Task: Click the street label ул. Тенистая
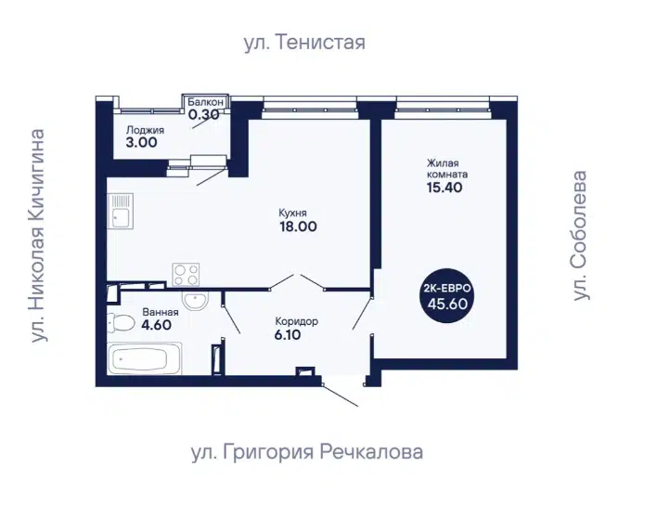coord(304,43)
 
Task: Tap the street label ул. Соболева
coord(579,235)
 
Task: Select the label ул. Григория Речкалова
coord(307,452)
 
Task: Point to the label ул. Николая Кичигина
coord(38,236)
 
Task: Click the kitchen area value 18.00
coord(298,227)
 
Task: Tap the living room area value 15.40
coord(444,188)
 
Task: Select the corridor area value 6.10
coord(289,335)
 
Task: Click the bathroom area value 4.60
coord(156,325)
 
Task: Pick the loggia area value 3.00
coord(142,143)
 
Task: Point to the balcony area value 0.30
coord(203,114)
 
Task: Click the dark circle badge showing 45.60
coord(447,296)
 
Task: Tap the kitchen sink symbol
coord(121,211)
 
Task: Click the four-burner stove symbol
coord(186,275)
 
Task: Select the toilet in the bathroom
coord(121,323)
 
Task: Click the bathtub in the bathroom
coord(145,358)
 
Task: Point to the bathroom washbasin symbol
coord(195,301)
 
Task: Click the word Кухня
coord(293,213)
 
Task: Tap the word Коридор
coord(297,321)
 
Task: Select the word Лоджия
coord(145,130)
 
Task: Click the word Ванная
coord(161,312)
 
